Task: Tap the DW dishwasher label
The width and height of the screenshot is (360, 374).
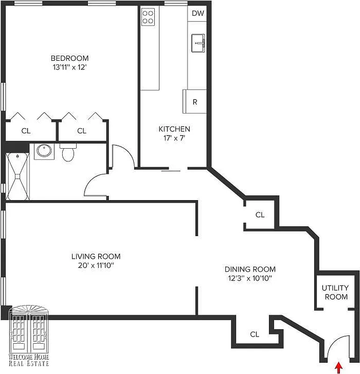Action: tap(198, 13)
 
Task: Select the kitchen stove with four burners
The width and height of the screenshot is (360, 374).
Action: tap(148, 17)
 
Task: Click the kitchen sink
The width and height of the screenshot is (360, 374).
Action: tap(199, 44)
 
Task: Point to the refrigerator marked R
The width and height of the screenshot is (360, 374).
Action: tap(194, 102)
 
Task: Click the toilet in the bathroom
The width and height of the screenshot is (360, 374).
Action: tap(68, 152)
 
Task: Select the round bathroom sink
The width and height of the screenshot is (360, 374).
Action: tap(44, 151)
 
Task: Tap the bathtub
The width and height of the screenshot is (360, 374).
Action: tap(17, 176)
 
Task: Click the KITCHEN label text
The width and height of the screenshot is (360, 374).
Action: tap(174, 129)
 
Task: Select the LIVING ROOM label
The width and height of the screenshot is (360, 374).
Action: tap(96, 256)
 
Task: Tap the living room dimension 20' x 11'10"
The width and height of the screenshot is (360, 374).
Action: tap(96, 265)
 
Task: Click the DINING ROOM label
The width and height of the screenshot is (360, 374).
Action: tap(250, 269)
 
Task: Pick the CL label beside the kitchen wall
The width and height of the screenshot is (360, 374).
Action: tap(260, 215)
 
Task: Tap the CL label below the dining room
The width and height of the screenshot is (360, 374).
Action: tap(254, 334)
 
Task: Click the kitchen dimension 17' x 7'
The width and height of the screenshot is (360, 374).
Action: tap(174, 138)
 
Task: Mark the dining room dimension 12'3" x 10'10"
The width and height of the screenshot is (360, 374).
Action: tap(250, 278)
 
